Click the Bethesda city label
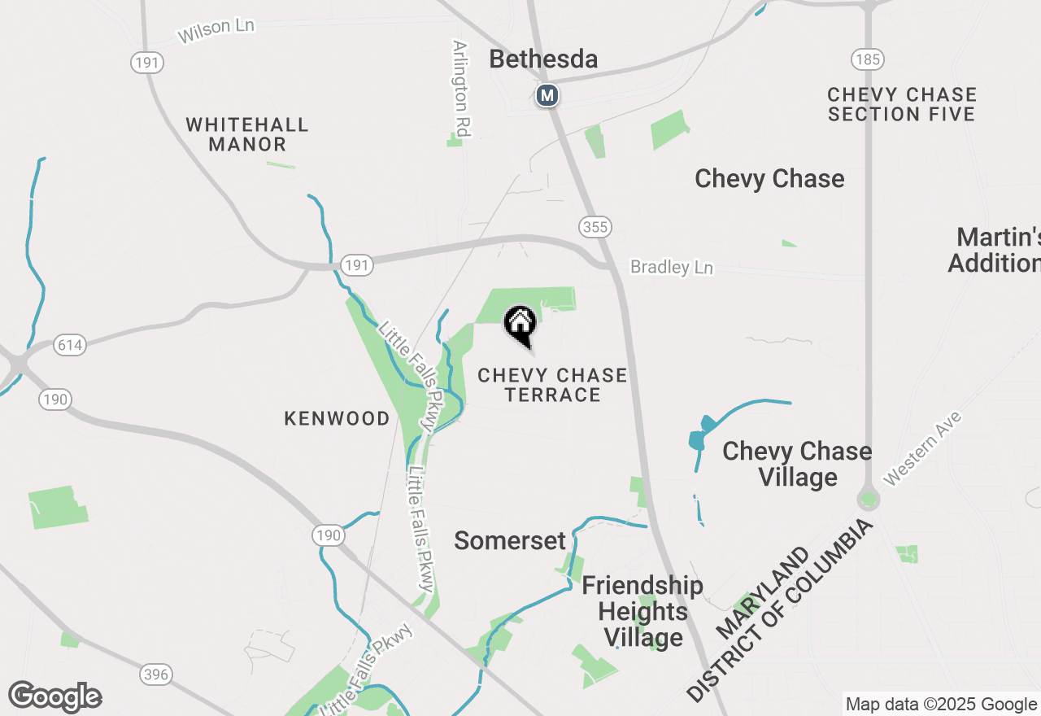tap(544, 59)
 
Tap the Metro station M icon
tap(547, 95)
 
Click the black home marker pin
tap(520, 325)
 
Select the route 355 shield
tap(595, 227)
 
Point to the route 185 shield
tap(868, 59)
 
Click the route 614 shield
tap(70, 345)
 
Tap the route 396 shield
tap(155, 674)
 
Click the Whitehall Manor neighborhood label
tap(247, 134)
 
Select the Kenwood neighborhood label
tap(337, 418)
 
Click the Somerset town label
tap(510, 540)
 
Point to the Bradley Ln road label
tap(672, 268)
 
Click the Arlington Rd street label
tap(462, 89)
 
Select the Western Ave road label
tap(922, 448)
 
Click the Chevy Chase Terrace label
tap(552, 385)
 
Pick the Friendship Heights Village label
tap(642, 611)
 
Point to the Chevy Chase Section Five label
tap(902, 104)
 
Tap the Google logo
tap(54, 696)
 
